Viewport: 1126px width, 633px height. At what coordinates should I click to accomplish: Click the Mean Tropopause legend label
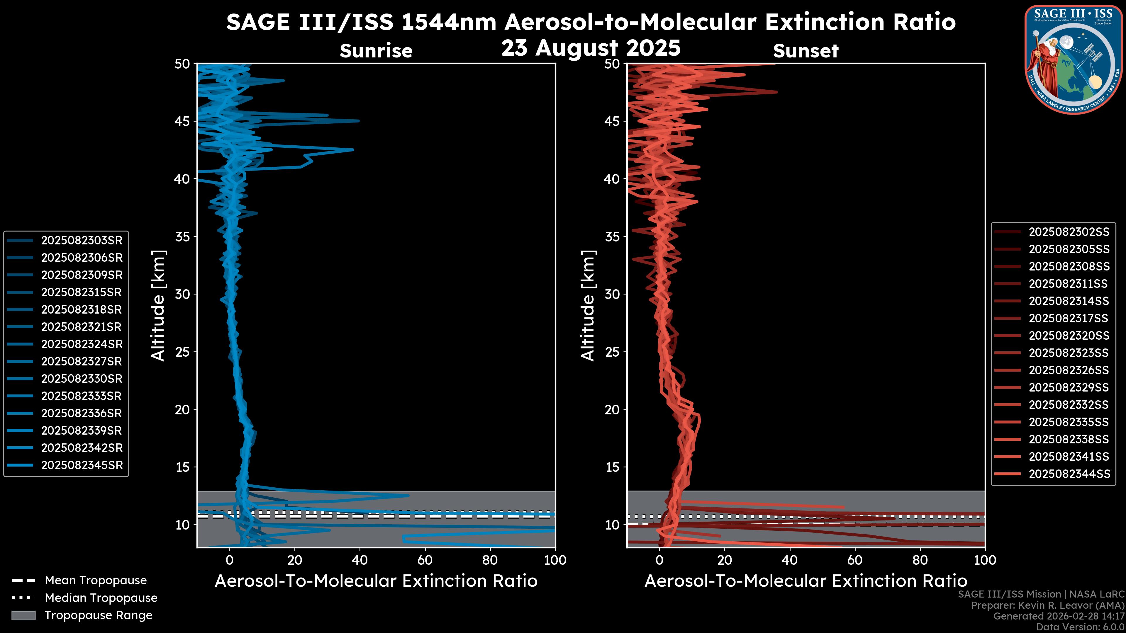click(96, 580)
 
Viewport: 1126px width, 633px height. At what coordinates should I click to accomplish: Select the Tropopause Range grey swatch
click(23, 615)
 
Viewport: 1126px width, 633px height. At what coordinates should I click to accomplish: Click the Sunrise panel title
click(376, 51)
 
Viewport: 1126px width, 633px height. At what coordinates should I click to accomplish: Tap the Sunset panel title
click(806, 51)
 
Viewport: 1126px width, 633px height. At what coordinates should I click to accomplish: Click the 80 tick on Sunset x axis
click(920, 560)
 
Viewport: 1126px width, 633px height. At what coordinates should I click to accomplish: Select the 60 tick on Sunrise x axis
click(425, 560)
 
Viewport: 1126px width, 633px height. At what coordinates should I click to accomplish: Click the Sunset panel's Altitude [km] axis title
click(588, 305)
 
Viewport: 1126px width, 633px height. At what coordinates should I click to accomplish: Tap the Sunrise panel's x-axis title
click(376, 581)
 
